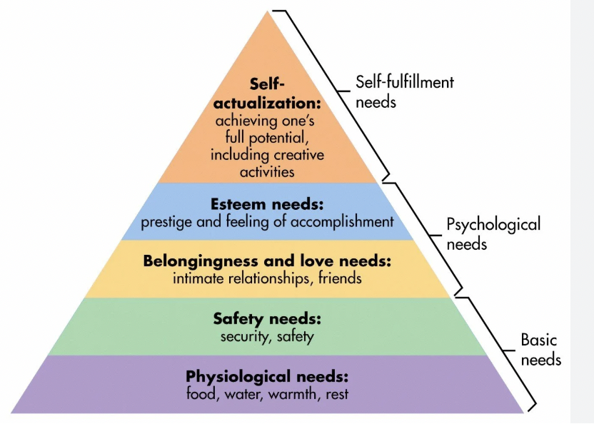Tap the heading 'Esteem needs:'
tap(268, 205)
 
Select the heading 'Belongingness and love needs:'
tap(267, 261)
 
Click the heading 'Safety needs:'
tap(267, 318)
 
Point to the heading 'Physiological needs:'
tap(267, 375)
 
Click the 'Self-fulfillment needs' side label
tap(404, 91)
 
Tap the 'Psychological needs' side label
tap(493, 233)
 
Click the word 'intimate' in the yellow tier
tap(198, 278)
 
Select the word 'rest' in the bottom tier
tap(335, 393)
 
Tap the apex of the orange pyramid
tap(271, 14)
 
